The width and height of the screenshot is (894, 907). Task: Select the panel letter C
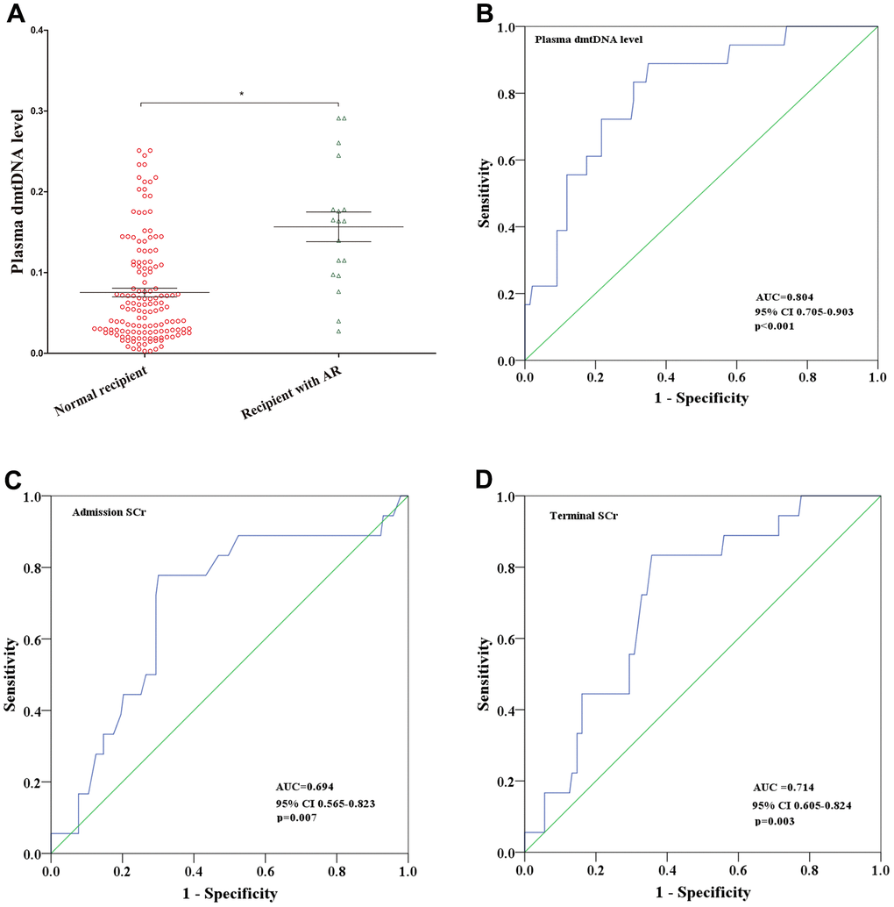point(14,482)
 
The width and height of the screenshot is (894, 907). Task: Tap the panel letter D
point(487,482)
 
